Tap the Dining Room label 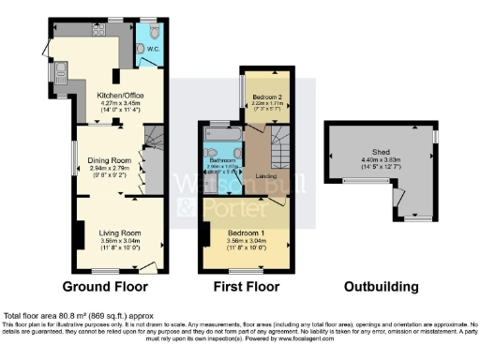[109, 159]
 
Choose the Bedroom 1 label [247, 232]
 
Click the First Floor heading [248, 286]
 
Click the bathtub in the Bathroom [222, 149]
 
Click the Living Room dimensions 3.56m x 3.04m [120, 241]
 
